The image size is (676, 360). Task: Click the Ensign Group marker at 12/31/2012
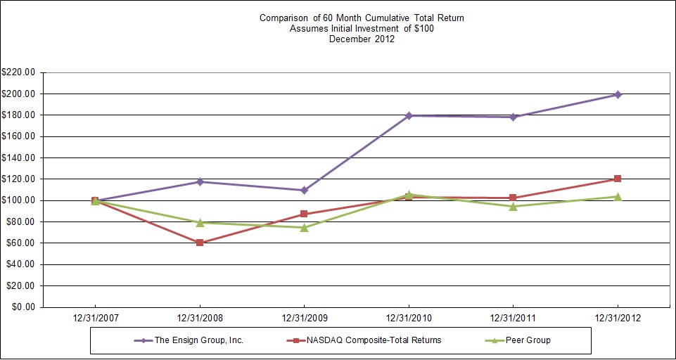[618, 94]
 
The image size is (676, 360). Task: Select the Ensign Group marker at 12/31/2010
[409, 115]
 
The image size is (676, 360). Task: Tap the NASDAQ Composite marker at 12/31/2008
[200, 243]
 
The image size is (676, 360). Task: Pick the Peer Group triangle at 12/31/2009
[304, 227]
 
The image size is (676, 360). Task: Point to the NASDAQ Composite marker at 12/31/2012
[618, 179]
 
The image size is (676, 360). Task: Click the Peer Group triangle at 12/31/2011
[514, 206]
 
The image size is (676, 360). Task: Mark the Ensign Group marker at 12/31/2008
[200, 181]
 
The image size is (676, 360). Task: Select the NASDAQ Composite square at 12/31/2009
[304, 214]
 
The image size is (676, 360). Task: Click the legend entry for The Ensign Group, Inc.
[200, 340]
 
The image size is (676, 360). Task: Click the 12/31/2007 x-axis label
[95, 317]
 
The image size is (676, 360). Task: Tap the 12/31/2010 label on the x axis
[409, 317]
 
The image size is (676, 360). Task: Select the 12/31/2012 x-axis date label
[618, 317]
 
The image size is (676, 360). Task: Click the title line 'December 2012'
[362, 39]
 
